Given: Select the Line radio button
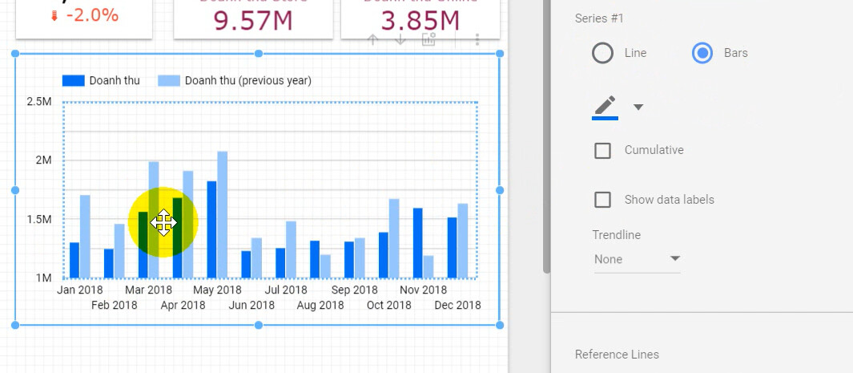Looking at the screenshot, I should pyautogui.click(x=602, y=53).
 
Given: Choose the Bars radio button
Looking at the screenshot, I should pyautogui.click(x=702, y=53).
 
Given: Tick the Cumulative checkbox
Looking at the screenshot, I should pyautogui.click(x=602, y=150).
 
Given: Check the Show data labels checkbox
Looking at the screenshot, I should pyautogui.click(x=602, y=200).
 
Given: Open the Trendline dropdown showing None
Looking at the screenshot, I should pyautogui.click(x=637, y=259).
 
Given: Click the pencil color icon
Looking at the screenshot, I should pyautogui.click(x=606, y=106).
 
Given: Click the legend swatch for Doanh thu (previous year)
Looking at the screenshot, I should pyautogui.click(x=169, y=80).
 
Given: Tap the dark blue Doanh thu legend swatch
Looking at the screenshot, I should pyautogui.click(x=74, y=80).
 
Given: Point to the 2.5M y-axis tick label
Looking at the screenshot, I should pyautogui.click(x=39, y=102).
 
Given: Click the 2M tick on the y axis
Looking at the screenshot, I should pyautogui.click(x=42, y=160).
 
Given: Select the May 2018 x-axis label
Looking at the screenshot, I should pyautogui.click(x=217, y=290).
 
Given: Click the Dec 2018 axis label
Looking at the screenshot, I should pyautogui.click(x=457, y=305).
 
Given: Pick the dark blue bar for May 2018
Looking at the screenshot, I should pyautogui.click(x=211, y=229).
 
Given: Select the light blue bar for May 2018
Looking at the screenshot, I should pyautogui.click(x=223, y=214).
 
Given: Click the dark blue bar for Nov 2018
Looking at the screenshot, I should pyautogui.click(x=417, y=243).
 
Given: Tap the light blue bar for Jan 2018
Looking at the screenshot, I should pyautogui.click(x=85, y=237).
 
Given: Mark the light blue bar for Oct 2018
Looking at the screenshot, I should pyautogui.click(x=394, y=238).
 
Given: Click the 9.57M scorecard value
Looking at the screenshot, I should pyautogui.click(x=253, y=20).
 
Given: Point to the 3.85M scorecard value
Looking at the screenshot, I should pyautogui.click(x=420, y=20).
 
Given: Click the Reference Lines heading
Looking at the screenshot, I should pyautogui.click(x=617, y=355).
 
